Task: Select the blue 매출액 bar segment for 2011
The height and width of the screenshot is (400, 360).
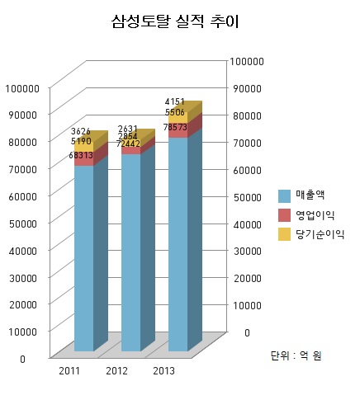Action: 83,256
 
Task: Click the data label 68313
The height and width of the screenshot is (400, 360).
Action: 81,155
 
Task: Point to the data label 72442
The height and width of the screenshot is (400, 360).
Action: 128,144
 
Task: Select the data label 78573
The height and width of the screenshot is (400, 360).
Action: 175,127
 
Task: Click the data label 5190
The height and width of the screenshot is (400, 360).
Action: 81,143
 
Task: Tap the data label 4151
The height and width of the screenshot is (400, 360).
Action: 175,101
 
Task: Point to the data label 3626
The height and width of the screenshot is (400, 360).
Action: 81,132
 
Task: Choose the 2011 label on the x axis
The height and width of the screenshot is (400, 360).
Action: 69,371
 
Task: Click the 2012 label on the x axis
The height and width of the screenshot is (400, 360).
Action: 116,371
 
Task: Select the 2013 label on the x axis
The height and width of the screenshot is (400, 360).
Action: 163,371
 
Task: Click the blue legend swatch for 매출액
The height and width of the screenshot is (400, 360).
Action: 284,195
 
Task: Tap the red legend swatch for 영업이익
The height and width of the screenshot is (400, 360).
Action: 284,215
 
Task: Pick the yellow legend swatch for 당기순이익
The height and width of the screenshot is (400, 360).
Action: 284,235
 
